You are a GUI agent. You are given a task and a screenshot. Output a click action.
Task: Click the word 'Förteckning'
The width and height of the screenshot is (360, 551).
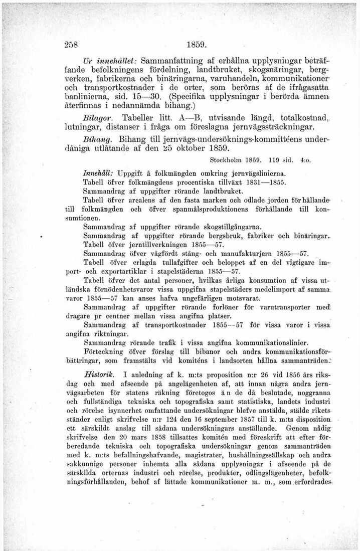106,352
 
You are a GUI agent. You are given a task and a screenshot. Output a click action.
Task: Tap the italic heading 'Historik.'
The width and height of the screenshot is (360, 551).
99,374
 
